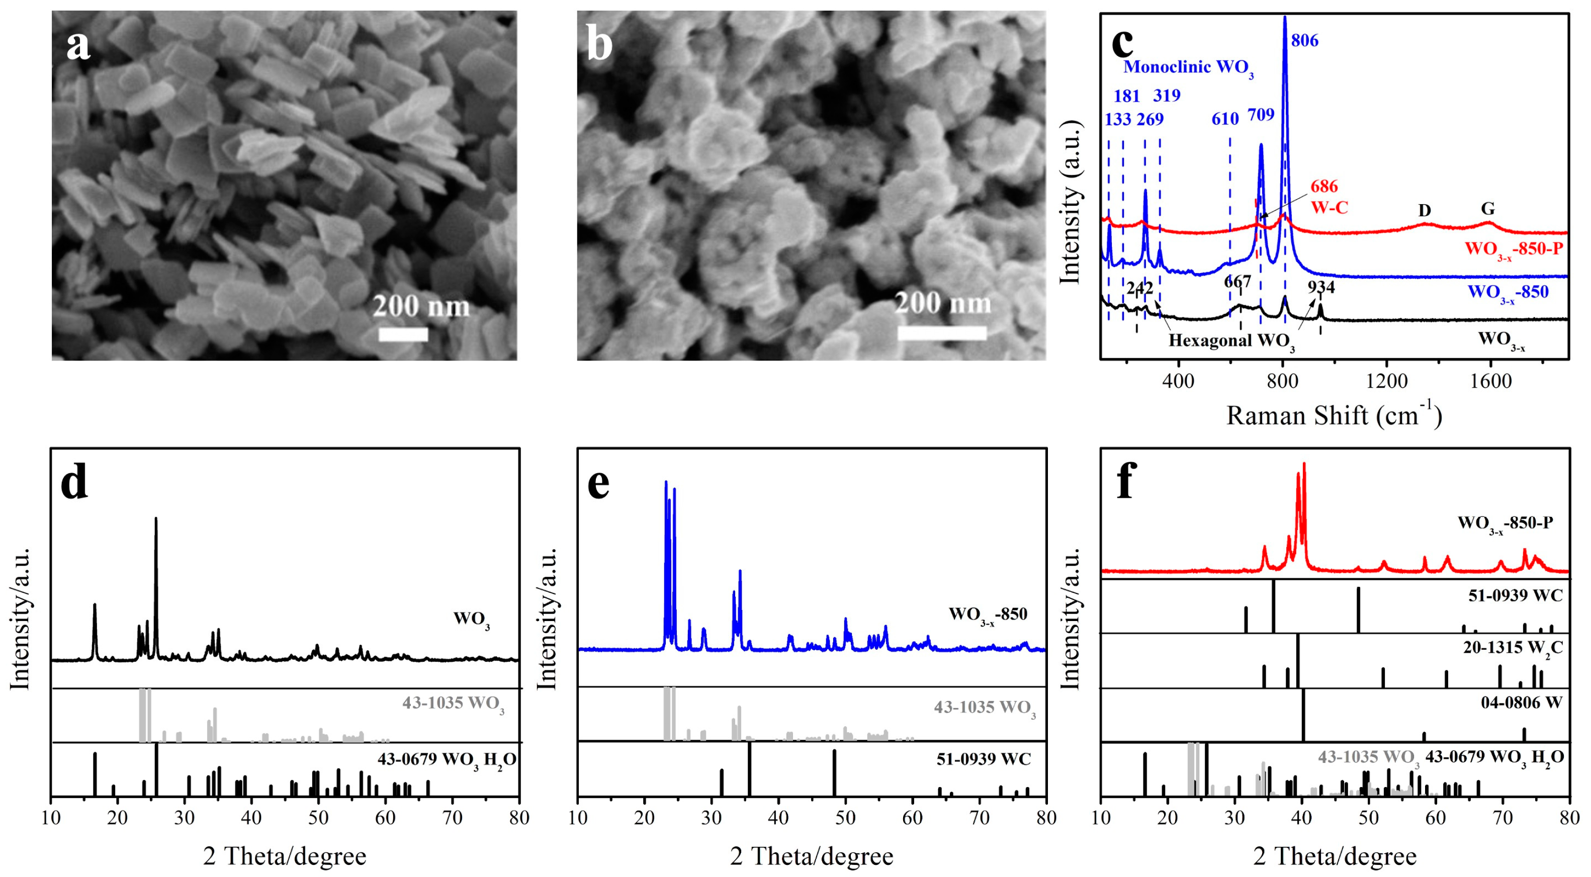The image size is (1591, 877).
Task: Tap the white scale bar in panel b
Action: click(x=941, y=333)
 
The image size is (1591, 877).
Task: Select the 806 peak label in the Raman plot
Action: click(x=1304, y=41)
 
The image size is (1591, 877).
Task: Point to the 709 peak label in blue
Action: click(x=1261, y=115)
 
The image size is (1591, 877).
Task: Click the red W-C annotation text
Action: click(x=1329, y=208)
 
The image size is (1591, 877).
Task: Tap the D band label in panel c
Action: click(x=1424, y=211)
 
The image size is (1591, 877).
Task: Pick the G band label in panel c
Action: click(x=1488, y=209)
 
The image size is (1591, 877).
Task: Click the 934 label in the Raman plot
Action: click(x=1321, y=287)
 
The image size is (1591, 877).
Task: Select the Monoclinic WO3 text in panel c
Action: click(x=1188, y=67)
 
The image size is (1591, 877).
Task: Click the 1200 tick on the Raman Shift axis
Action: click(x=1386, y=381)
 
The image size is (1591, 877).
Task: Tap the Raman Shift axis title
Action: click(x=1334, y=416)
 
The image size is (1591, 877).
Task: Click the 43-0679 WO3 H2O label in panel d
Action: click(x=447, y=760)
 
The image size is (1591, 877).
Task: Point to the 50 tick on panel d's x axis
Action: click(x=318, y=818)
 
